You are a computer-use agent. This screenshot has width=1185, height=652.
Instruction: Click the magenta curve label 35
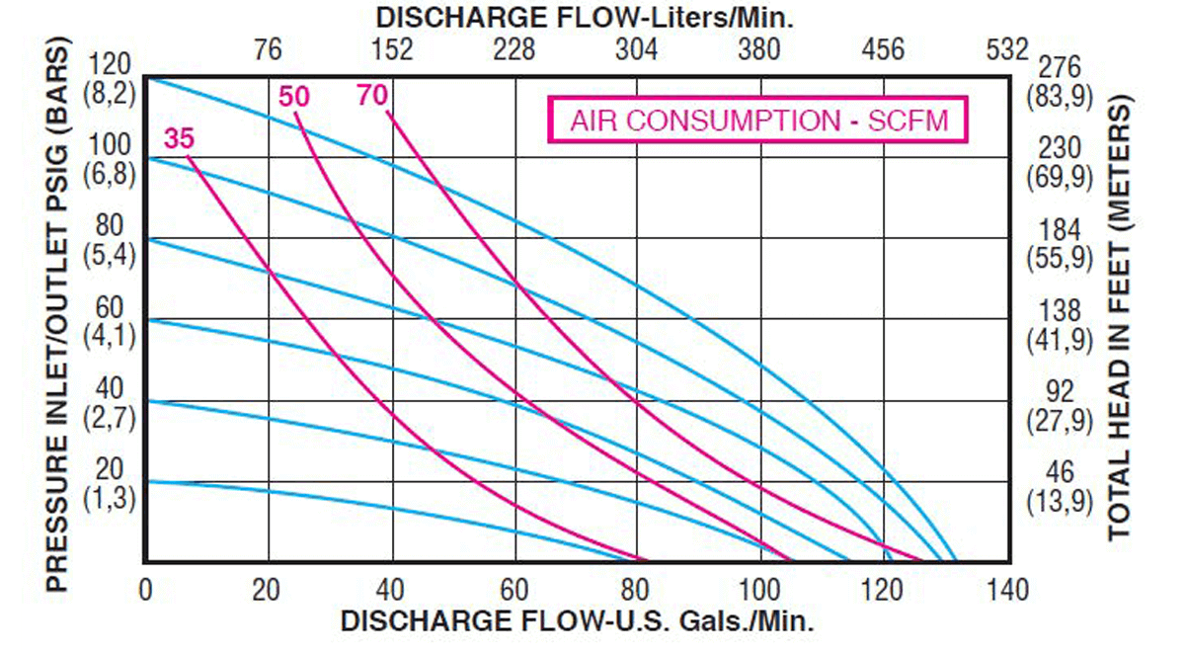[x=179, y=139]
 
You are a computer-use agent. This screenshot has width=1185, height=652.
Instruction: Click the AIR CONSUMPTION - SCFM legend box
[x=758, y=121]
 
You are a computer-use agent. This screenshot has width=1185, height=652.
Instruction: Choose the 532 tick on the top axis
[x=1006, y=49]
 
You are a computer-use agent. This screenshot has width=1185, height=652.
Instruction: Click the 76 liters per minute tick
[x=268, y=49]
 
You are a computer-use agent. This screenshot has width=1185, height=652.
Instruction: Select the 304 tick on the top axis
[x=637, y=49]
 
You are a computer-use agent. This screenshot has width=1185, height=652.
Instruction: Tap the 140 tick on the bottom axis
[x=1006, y=591]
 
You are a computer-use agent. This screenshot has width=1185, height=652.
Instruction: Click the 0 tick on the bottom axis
[x=146, y=591]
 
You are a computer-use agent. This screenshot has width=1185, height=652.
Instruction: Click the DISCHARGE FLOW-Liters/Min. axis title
[x=586, y=18]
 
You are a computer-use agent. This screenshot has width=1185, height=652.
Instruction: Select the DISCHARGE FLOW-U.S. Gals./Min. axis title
[x=578, y=622]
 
